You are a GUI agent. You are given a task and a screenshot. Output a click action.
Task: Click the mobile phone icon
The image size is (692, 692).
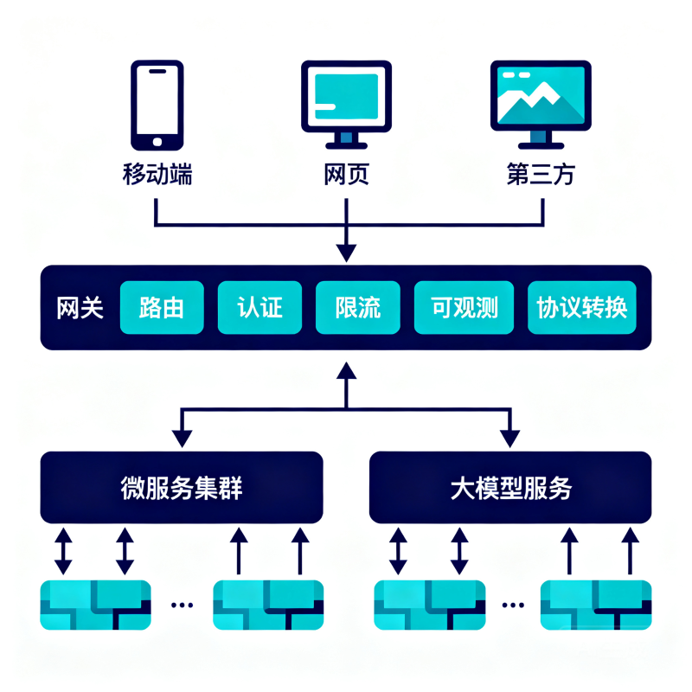[157, 105]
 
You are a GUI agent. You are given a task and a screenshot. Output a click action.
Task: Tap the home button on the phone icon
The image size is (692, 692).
[157, 142]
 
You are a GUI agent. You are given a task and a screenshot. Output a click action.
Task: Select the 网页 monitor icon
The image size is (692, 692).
[347, 105]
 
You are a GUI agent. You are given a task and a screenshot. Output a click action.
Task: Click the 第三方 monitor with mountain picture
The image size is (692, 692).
[541, 105]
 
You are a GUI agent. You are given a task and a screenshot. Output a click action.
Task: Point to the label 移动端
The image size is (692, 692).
[157, 175]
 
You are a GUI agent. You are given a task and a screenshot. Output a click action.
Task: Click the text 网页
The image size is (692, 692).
[347, 175]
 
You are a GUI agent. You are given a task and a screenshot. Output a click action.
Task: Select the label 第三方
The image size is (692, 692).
[541, 175]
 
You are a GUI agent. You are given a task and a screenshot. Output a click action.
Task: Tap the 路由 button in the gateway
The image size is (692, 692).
[162, 308]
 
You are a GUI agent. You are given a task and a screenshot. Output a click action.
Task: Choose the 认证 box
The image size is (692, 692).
[260, 308]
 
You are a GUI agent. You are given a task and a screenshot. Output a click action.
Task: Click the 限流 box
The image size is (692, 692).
[358, 308]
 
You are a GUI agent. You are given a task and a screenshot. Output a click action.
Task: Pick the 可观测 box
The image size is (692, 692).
[464, 308]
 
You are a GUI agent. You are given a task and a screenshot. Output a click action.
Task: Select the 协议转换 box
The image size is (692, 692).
[582, 308]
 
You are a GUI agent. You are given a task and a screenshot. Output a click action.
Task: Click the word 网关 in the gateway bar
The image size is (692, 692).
[80, 308]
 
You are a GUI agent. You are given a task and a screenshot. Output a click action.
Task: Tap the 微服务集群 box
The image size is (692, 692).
[182, 488]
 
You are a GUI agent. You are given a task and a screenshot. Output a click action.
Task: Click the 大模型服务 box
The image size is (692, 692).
[510, 488]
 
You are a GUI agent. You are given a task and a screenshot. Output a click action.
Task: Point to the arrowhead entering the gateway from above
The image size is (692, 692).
[347, 253]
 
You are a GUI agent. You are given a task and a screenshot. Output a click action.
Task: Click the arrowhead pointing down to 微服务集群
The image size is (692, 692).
[182, 439]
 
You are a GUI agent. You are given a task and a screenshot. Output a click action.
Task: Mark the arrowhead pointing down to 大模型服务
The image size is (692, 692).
[510, 439]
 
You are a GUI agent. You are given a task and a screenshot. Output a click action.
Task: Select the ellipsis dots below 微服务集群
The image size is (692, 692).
[182, 605]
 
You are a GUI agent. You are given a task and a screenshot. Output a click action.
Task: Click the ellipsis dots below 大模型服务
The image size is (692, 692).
[513, 605]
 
